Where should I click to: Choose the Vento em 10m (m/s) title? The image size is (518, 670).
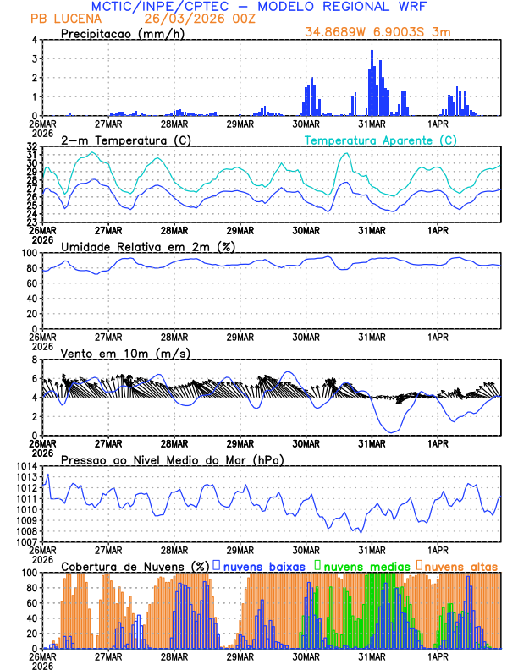click(125, 353)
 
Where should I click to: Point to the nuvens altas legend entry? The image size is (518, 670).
click(460, 565)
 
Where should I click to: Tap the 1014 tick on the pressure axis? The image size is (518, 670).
click(26, 467)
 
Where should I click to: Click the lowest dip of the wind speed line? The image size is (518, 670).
click(391, 432)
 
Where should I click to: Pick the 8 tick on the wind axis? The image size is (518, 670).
click(34, 360)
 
